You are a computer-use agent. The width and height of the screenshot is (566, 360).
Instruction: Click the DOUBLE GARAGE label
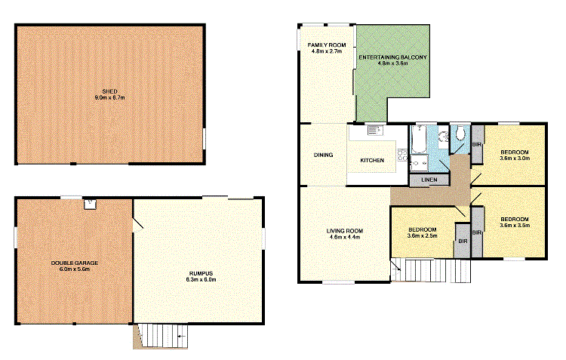[x=75, y=263]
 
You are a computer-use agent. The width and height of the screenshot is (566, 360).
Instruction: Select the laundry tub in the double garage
[x=90, y=202]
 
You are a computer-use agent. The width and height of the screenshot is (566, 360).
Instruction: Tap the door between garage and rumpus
[x=137, y=224]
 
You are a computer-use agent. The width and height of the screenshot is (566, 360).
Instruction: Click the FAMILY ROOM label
[x=326, y=46]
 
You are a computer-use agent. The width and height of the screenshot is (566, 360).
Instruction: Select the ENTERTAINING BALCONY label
[x=392, y=57]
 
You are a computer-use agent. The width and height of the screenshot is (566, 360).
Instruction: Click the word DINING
[x=323, y=155]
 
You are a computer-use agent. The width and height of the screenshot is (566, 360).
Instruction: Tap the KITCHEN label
[x=372, y=161]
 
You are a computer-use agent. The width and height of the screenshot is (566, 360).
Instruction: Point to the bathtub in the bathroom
[x=418, y=141]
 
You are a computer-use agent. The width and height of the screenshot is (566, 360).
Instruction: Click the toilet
[x=460, y=134]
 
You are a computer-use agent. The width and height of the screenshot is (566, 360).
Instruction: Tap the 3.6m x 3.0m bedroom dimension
[x=515, y=158]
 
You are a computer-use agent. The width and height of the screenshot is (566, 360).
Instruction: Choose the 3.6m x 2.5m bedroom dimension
[x=423, y=235]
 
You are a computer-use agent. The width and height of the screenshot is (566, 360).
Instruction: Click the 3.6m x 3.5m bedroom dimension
[x=515, y=225]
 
